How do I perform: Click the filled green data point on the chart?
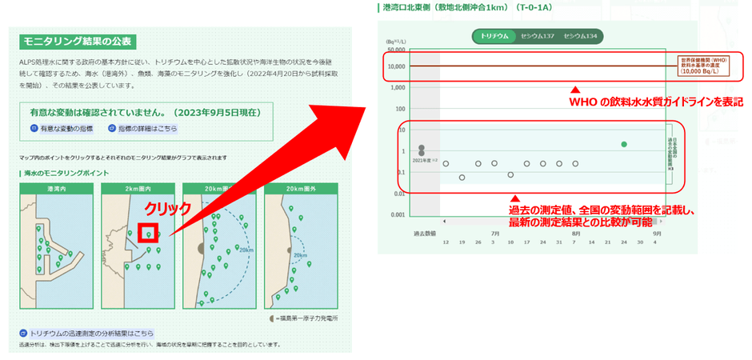click(624, 144)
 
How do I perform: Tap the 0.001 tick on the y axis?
click(397, 214)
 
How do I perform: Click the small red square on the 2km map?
click(148, 234)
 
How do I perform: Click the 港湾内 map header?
click(56, 190)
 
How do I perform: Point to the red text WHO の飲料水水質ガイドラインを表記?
click(656, 102)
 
